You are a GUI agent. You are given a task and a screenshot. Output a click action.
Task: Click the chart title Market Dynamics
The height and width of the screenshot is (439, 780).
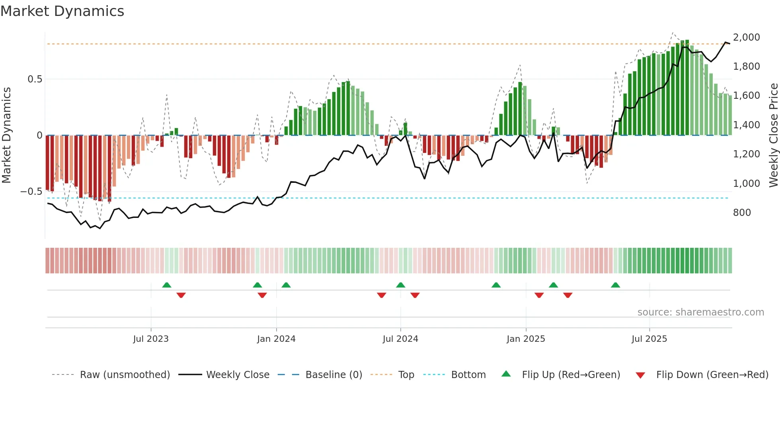[62, 11]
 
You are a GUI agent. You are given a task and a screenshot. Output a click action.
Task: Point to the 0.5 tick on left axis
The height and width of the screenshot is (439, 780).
[35, 79]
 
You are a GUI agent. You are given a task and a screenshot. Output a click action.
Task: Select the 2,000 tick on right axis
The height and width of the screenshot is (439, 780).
[746, 37]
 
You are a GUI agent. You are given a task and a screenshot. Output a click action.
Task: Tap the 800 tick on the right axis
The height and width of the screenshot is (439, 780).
[742, 213]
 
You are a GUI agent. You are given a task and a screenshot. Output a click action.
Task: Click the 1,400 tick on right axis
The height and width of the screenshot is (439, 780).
[746, 125]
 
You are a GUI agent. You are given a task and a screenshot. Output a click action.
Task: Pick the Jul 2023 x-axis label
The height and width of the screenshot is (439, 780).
[151, 339]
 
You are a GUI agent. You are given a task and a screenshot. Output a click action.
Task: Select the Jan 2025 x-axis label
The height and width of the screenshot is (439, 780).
[526, 339]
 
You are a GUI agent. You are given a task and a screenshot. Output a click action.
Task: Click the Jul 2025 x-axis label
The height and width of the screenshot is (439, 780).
[649, 339]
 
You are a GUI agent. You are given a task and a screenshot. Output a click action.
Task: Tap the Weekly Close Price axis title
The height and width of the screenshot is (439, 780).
[773, 135]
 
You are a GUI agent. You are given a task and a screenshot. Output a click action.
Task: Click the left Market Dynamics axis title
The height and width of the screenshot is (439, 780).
[6, 135]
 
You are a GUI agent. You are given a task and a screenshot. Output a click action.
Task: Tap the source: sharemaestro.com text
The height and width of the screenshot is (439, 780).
[700, 312]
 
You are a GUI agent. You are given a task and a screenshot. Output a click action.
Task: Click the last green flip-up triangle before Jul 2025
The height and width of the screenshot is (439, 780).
[615, 285]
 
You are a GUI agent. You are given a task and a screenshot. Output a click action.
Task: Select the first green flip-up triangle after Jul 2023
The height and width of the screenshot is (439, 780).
[167, 285]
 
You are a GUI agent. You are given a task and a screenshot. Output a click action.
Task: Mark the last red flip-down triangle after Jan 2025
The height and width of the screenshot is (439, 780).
[568, 295]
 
